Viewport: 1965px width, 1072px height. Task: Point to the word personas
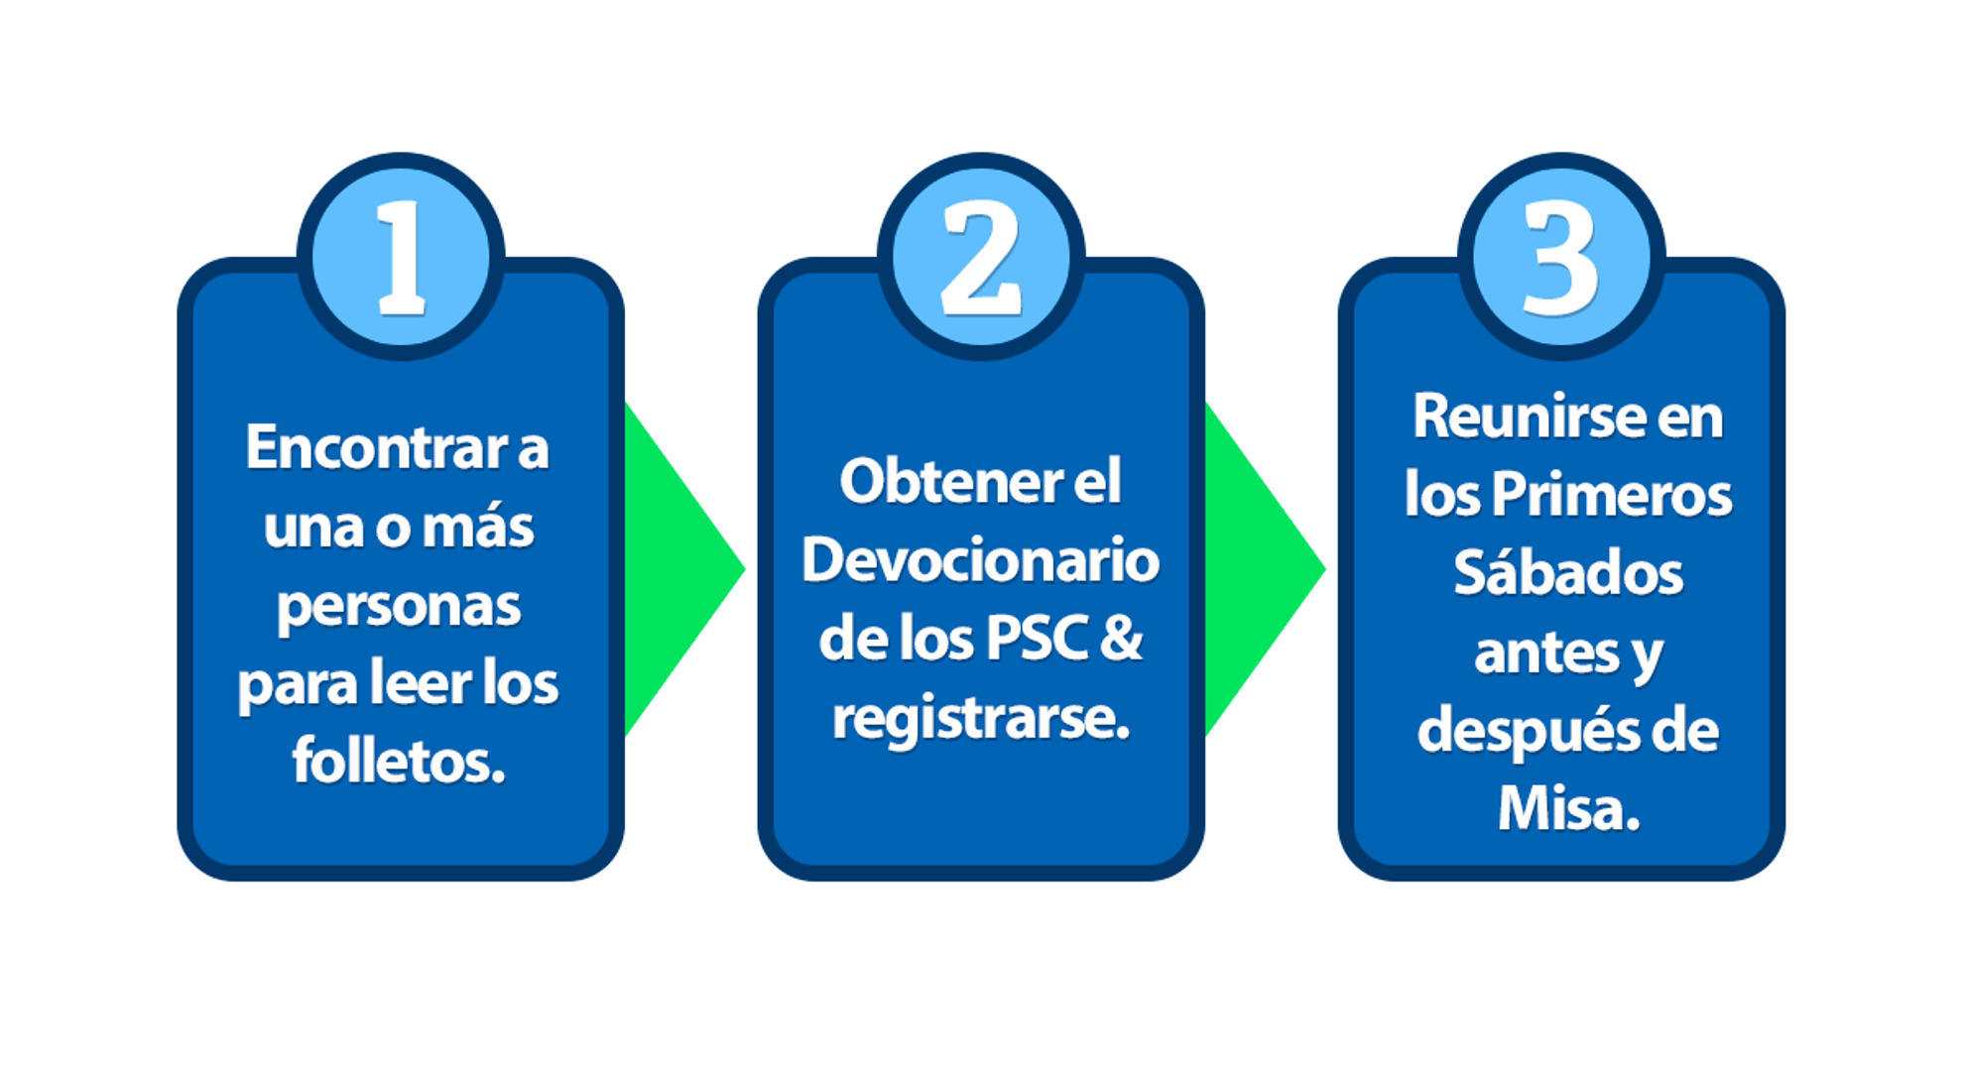click(399, 606)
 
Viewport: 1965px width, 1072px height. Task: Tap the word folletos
click(399, 762)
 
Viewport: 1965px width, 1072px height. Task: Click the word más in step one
click(478, 527)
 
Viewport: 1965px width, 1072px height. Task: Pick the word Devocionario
click(980, 560)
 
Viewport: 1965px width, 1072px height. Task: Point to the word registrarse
click(980, 718)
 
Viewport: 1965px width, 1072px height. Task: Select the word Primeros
click(1611, 495)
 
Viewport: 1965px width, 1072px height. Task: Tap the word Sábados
click(1568, 573)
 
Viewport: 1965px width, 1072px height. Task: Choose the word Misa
click(1568, 809)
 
